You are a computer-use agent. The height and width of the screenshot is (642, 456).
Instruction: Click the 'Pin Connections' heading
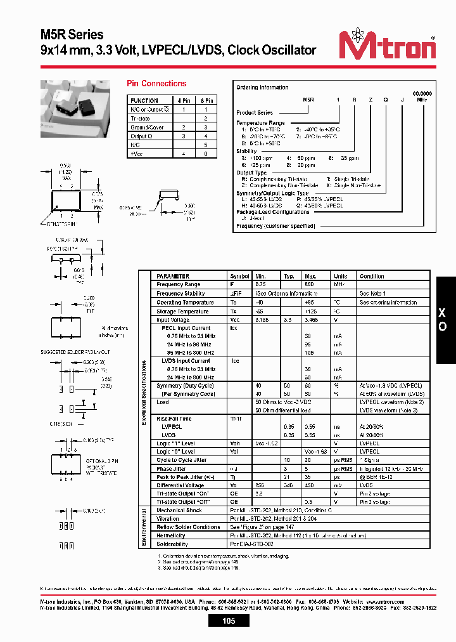(156, 84)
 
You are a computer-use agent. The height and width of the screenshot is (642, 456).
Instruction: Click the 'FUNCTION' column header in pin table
(144, 101)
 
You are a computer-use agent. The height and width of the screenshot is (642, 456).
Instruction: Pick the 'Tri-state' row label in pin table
(141, 119)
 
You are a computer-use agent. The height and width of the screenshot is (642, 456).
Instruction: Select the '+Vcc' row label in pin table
(136, 154)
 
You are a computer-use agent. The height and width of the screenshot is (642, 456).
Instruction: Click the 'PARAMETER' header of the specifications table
(173, 277)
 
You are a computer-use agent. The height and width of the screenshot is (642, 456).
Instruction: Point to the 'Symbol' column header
(239, 277)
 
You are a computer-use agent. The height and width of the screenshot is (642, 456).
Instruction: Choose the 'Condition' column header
(372, 277)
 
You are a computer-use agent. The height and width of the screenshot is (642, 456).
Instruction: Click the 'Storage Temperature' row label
(182, 311)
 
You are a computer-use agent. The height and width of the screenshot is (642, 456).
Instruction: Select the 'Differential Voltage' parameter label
(181, 485)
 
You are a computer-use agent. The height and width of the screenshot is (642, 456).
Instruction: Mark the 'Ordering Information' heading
(262, 88)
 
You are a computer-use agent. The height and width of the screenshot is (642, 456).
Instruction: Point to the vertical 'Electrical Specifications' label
(144, 393)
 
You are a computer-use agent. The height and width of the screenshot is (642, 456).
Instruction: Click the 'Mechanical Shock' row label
(180, 510)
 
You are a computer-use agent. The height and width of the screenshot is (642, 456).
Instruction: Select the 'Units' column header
(340, 277)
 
